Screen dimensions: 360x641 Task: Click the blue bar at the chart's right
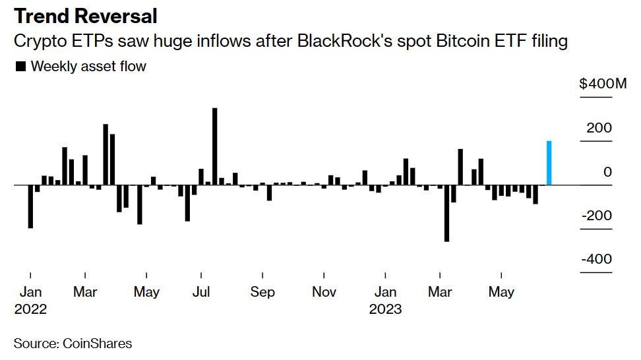coord(549,163)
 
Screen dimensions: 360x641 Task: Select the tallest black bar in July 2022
coord(215,146)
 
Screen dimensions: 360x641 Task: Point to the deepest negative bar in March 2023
coord(446,213)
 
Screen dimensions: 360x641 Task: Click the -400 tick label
coord(596,259)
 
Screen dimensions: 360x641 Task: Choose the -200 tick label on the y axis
coord(596,216)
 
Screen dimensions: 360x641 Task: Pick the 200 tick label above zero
coord(599,127)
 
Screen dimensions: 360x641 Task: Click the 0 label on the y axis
coord(607,171)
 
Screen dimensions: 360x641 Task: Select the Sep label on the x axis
coord(262,291)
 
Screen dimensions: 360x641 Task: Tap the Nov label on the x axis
coord(323,291)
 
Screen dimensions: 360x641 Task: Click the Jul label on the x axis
coord(200,291)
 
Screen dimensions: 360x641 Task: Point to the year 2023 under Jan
coord(385,309)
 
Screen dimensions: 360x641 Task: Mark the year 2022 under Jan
coord(30,309)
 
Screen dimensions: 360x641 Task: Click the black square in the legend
coord(20,66)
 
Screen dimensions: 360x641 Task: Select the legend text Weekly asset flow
coord(88,66)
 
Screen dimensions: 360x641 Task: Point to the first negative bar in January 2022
coord(30,206)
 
